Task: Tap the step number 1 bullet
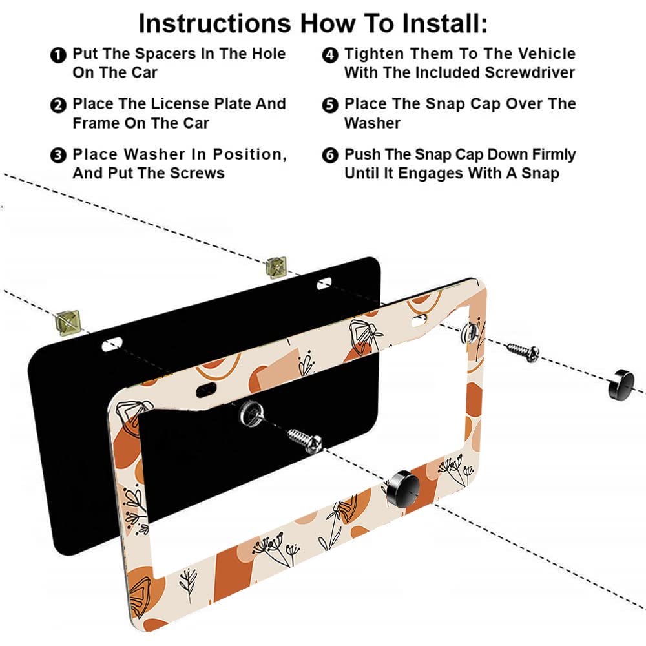tap(58, 55)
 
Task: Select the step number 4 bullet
tap(330, 55)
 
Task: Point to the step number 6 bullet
tap(330, 155)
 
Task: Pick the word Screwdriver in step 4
tap(530, 72)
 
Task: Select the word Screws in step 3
tap(197, 173)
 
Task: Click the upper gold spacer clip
tap(276, 267)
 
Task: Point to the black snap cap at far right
tap(621, 384)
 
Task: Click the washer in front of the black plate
tap(251, 412)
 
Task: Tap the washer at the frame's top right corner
tap(470, 333)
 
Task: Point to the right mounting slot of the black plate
tap(324, 284)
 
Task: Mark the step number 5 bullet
tap(330, 105)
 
